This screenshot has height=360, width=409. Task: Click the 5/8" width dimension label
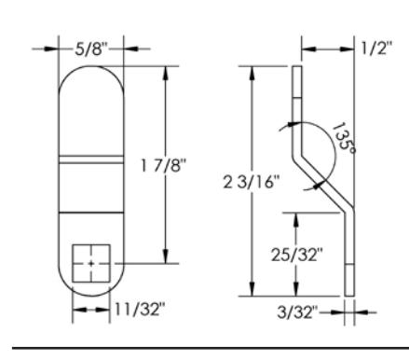coord(91,49)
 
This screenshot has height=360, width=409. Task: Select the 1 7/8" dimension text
coord(164,165)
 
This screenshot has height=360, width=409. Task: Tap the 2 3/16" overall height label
coord(252,182)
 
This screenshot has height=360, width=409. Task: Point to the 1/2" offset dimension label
coord(376,48)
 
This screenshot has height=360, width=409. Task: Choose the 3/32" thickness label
coord(298,312)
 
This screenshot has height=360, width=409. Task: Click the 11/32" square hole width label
coord(140,309)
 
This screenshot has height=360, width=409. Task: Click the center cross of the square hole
coord(91,264)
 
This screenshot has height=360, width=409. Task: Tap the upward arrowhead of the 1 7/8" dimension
coord(166,73)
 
